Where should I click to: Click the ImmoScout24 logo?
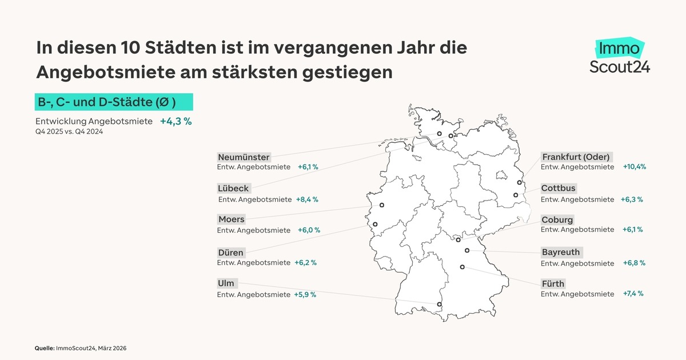[620, 57]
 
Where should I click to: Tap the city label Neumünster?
[244, 157]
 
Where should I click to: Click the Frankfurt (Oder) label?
[576, 157]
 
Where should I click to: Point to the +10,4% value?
[634, 167]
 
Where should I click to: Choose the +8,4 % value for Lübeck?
[306, 199]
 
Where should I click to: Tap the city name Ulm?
[226, 283]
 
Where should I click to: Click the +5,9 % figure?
[305, 295]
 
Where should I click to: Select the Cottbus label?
[559, 188]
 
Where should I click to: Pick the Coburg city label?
[557, 220]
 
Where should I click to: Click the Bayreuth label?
[561, 252]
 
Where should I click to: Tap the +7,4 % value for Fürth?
[633, 294]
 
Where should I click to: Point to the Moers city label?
[232, 219]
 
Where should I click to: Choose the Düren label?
[231, 252]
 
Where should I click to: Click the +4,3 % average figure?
[176, 121]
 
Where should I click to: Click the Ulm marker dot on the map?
[439, 305]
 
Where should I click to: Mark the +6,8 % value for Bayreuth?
[634, 263]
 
